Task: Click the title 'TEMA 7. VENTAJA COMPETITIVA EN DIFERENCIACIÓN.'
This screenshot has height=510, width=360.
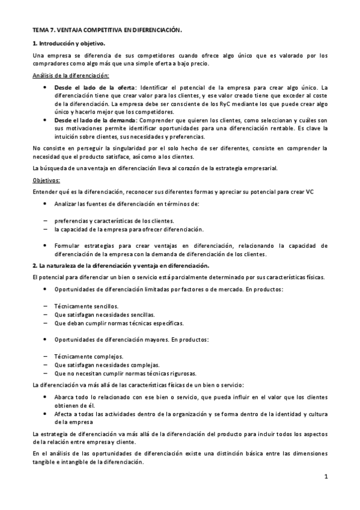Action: [106, 29]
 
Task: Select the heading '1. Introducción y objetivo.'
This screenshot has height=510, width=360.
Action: [69, 43]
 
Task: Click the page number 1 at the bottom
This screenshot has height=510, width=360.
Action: [325, 478]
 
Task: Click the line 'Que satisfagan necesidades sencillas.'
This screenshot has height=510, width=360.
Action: [104, 315]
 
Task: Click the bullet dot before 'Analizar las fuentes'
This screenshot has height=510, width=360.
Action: [46, 204]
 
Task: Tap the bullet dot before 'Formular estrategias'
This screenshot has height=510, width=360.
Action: [46, 245]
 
